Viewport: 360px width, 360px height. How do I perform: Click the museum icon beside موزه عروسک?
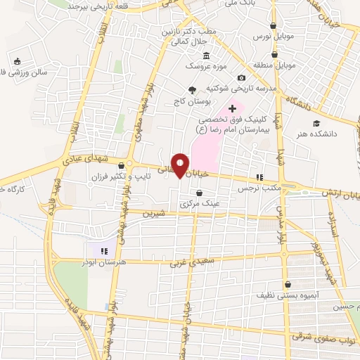point(206,56)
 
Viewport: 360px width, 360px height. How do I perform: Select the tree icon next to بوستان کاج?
point(191,89)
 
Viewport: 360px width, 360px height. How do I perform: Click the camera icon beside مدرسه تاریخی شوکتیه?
point(241,77)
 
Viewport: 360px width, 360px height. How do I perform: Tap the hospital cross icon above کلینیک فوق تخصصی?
point(233,108)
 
